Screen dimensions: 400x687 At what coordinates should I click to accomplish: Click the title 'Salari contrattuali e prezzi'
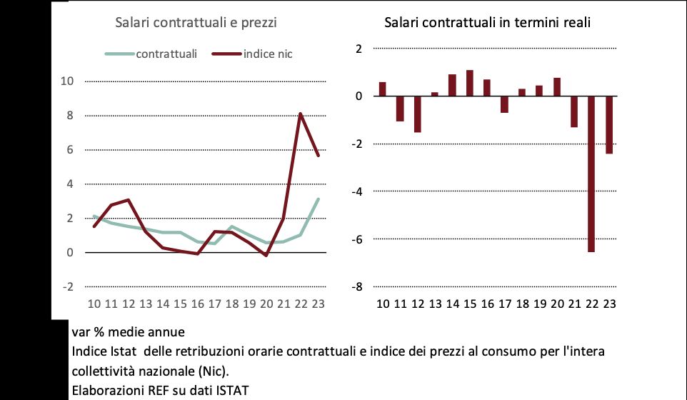[x=196, y=22]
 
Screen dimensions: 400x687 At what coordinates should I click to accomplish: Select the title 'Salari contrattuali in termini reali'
[x=487, y=22]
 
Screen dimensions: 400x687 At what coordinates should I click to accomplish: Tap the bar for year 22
[x=591, y=174]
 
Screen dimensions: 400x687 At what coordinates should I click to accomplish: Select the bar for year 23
[x=608, y=124]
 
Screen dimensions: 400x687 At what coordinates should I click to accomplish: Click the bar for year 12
[x=417, y=114]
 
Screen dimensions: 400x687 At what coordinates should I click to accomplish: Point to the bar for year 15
[x=469, y=83]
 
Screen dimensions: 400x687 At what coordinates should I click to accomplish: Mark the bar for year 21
[x=573, y=111]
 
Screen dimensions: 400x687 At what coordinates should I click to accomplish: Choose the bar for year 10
[x=382, y=89]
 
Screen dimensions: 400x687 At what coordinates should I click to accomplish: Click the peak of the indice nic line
[x=301, y=114]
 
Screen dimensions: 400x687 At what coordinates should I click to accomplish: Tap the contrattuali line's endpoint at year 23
[x=318, y=199]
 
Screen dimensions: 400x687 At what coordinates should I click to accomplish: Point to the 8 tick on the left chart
[x=70, y=116]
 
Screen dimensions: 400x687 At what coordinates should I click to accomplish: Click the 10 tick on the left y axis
[x=67, y=81]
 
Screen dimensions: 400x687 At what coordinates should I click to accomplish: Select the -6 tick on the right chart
[x=356, y=239]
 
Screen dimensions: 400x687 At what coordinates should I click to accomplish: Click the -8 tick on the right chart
[x=356, y=287]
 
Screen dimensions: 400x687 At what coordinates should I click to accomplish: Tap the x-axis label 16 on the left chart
[x=197, y=304]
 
